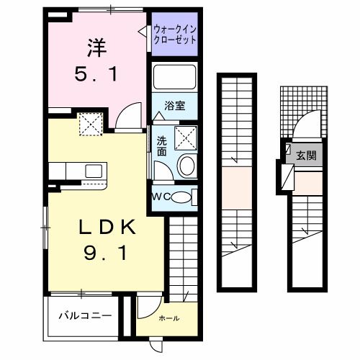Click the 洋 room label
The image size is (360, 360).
(x=96, y=49)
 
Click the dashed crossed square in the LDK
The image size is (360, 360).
(x=91, y=125)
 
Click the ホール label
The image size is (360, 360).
(x=169, y=318)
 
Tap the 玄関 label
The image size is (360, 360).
(x=307, y=155)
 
